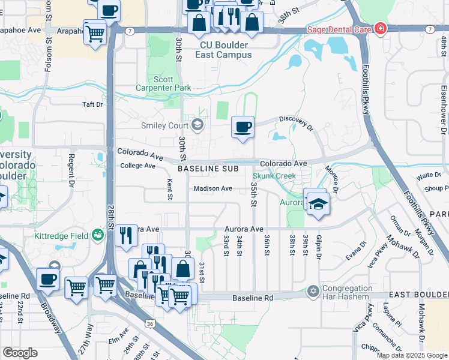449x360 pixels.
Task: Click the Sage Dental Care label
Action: click(339, 29)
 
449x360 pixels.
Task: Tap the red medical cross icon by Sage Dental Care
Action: click(379, 29)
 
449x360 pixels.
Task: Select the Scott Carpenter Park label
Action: click(172, 83)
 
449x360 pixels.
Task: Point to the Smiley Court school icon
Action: click(197, 125)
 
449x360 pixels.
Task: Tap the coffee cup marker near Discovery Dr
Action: click(243, 127)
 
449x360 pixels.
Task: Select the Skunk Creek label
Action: click(274, 176)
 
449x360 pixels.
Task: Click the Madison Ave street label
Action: click(212, 188)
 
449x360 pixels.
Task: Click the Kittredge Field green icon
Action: click(98, 235)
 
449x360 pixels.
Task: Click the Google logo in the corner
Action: click(20, 353)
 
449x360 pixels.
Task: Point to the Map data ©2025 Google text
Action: click(411, 355)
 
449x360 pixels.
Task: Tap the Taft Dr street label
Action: click(92, 104)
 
